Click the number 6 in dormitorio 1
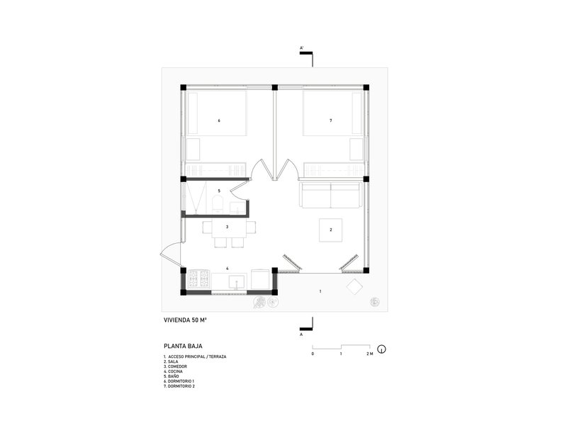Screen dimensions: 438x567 pos(219,121)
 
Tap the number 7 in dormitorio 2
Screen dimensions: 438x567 pos(331,121)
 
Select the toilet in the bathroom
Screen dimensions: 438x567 pos(218,206)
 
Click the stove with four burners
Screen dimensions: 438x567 pos(199,279)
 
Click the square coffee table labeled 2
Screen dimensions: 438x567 pos(331,230)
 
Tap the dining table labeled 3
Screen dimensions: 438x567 pos(227,228)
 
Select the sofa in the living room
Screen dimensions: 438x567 pos(331,195)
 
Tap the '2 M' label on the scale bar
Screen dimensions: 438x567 pos(369,353)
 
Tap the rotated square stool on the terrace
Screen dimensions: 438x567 pos(354,286)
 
